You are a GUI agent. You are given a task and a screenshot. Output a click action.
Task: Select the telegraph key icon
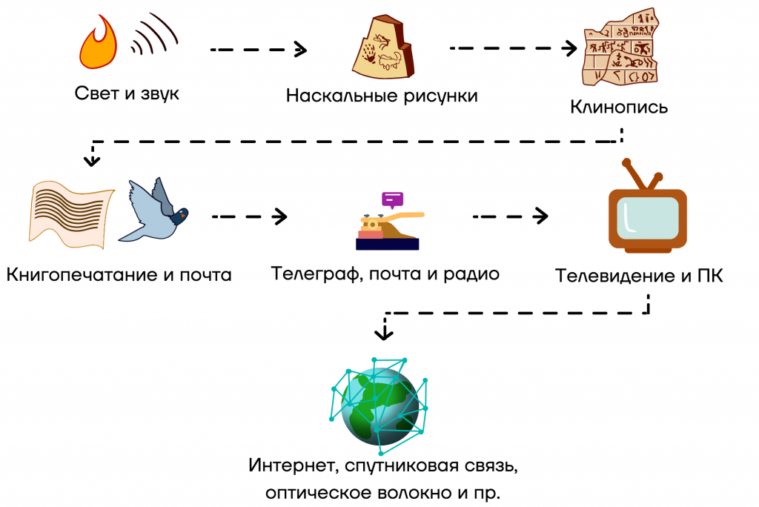[387, 231]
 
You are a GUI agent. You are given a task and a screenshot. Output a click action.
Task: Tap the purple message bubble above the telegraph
[392, 199]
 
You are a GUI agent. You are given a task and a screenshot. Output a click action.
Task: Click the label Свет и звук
[127, 94]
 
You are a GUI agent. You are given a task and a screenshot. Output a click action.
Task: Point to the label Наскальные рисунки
[382, 96]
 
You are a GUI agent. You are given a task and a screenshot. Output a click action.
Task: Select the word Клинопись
[619, 107]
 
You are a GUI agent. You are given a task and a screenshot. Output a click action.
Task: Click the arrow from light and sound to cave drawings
[259, 50]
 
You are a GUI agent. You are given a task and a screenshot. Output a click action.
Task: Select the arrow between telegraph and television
[511, 216]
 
